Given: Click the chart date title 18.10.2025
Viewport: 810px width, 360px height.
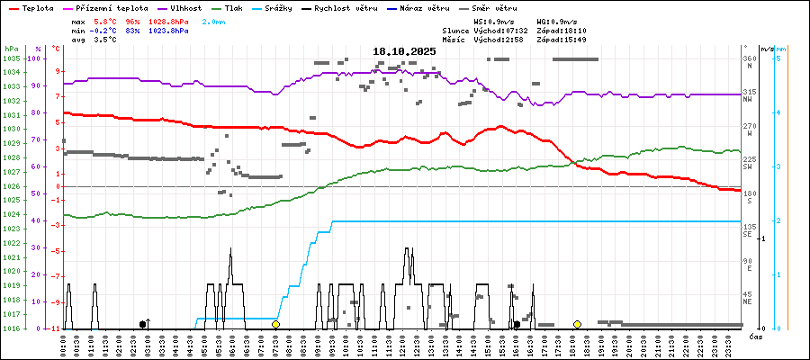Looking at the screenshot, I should click(404, 51).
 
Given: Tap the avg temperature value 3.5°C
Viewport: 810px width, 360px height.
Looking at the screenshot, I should click(107, 40).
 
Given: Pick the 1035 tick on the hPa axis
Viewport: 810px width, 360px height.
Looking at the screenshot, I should click(11, 58).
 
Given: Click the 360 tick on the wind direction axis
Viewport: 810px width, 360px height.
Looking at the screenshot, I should click(749, 58).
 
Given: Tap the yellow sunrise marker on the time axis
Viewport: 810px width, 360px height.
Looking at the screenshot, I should click(276, 324).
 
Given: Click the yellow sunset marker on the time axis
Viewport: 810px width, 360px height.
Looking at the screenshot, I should click(577, 324).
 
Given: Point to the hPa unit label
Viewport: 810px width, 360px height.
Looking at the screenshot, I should click(11, 49).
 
